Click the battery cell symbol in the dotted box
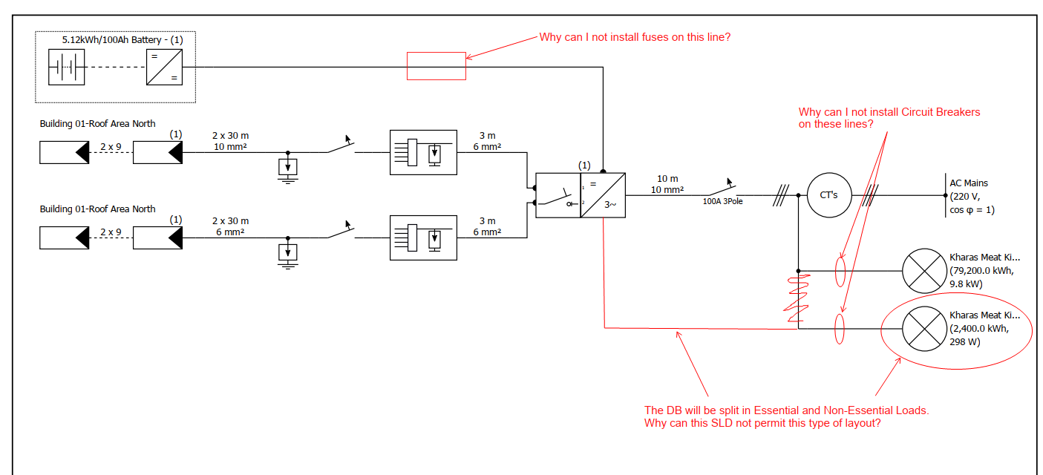67,68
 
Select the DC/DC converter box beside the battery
164,68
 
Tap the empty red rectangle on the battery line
437,66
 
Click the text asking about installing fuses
635,36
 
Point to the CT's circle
828,195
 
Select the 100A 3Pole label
722,201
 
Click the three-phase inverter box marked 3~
603,195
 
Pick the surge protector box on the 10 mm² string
423,152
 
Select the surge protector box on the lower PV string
423,237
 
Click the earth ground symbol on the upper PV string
288,168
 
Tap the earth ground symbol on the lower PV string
288,254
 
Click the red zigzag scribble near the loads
796,297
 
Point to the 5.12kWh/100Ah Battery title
122,40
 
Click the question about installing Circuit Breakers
889,118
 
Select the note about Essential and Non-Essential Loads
786,416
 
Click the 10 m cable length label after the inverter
667,179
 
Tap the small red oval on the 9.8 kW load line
840,271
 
